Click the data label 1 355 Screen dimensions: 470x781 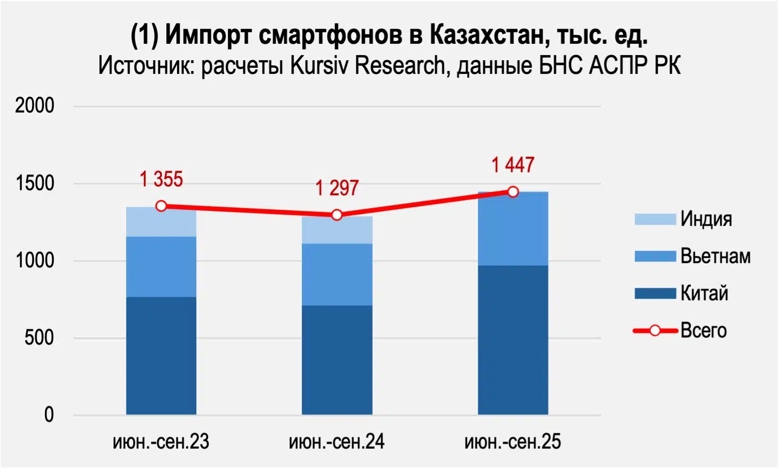click(x=161, y=179)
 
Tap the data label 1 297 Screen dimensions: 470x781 click(x=337, y=188)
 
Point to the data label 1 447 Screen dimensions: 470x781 click(x=513, y=165)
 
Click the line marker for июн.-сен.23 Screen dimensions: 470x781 click(x=161, y=206)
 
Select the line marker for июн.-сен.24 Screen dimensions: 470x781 click(x=337, y=215)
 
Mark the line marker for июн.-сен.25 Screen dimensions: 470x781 click(x=513, y=191)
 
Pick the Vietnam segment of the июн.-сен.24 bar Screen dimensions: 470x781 click(x=337, y=274)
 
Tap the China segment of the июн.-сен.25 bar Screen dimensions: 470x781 click(x=513, y=340)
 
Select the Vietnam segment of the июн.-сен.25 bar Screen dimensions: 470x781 click(x=513, y=229)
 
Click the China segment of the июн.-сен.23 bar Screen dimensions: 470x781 click(x=161, y=355)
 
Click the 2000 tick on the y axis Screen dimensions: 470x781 click(x=34, y=106)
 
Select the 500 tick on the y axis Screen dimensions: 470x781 click(x=39, y=338)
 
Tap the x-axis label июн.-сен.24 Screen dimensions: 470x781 click(x=337, y=442)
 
